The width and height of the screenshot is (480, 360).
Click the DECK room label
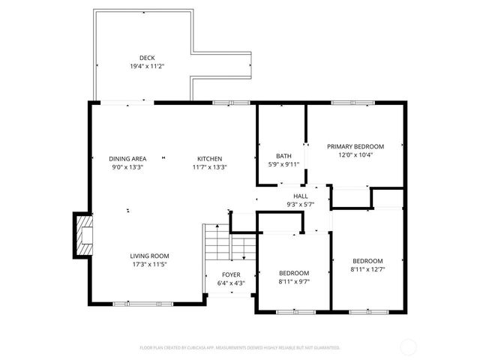click(x=146, y=58)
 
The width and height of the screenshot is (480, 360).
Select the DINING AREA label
click(x=127, y=158)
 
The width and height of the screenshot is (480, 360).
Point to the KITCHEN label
click(x=209, y=158)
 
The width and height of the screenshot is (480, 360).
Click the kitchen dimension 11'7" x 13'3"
click(x=209, y=166)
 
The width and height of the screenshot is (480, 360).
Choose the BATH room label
click(x=283, y=156)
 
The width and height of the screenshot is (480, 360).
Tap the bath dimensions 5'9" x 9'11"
click(x=283, y=164)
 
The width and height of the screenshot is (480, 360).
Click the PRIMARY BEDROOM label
click(x=355, y=146)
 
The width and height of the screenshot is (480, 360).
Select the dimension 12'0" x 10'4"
click(x=355, y=154)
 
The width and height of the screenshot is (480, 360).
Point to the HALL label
click(x=300, y=196)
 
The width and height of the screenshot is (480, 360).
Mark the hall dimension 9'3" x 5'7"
click(x=300, y=204)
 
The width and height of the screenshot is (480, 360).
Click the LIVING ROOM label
click(x=149, y=256)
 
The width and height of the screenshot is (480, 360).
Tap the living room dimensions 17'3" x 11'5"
click(x=149, y=264)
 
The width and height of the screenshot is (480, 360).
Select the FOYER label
click(x=230, y=275)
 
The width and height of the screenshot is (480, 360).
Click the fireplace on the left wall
click(x=82, y=235)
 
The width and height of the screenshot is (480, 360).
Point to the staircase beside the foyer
click(x=217, y=244)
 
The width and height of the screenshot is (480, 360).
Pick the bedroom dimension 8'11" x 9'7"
click(x=294, y=281)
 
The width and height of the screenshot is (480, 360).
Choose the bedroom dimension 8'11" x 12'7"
click(x=367, y=269)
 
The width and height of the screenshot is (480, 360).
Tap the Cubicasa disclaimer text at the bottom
click(x=240, y=348)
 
